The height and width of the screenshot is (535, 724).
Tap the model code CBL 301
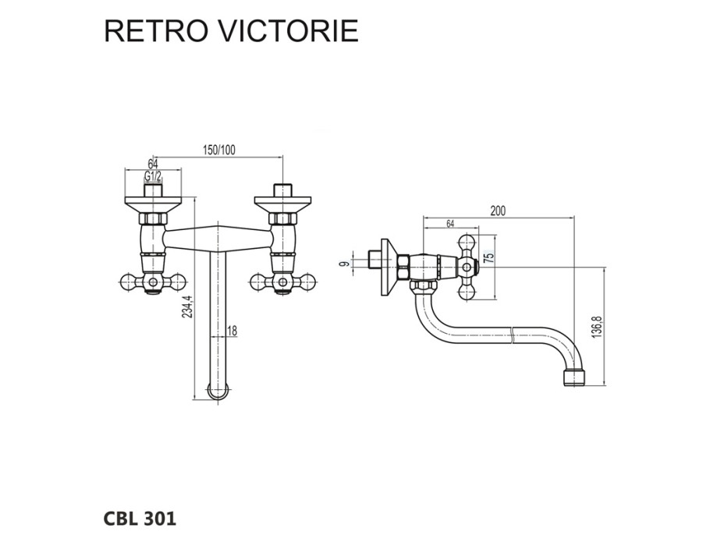pyautogui.click(x=140, y=517)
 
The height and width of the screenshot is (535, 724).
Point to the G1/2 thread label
pyautogui.click(x=153, y=178)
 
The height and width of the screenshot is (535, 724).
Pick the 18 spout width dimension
pyautogui.click(x=232, y=331)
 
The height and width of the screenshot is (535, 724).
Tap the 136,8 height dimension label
pyautogui.click(x=598, y=326)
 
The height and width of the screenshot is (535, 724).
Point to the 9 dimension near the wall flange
pyautogui.click(x=343, y=263)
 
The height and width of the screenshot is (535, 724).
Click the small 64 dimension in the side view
pyautogui.click(x=451, y=225)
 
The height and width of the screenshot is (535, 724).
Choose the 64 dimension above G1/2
pyautogui.click(x=153, y=164)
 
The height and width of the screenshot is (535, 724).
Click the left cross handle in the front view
pyautogui.click(x=153, y=282)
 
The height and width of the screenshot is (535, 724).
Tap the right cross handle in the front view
pyautogui.click(x=282, y=282)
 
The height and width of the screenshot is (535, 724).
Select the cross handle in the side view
pyautogui.click(x=467, y=267)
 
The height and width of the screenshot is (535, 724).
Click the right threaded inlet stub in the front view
pyautogui.click(x=282, y=190)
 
